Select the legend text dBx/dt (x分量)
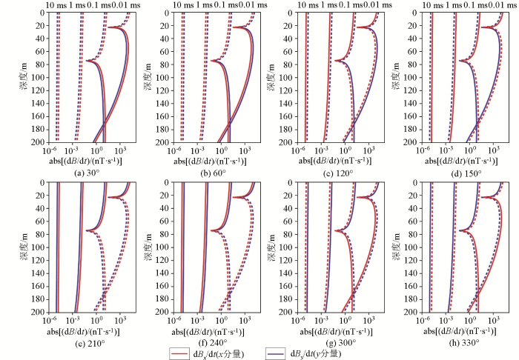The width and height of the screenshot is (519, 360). click(x=225, y=354)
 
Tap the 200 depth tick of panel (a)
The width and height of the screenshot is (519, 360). click(x=39, y=141)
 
